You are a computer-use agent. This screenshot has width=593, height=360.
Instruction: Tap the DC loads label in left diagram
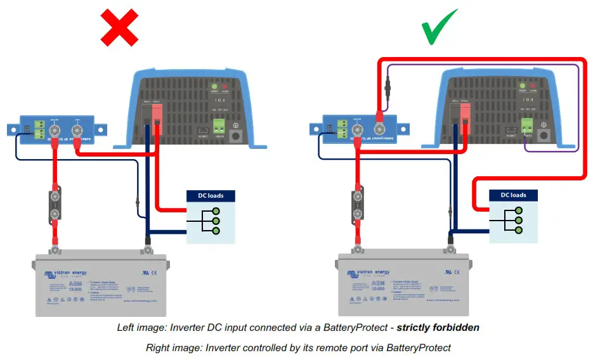(x=211, y=195)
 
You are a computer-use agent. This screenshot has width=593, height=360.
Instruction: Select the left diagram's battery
(x=100, y=285)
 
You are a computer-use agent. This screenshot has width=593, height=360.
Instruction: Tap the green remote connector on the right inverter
(x=526, y=125)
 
